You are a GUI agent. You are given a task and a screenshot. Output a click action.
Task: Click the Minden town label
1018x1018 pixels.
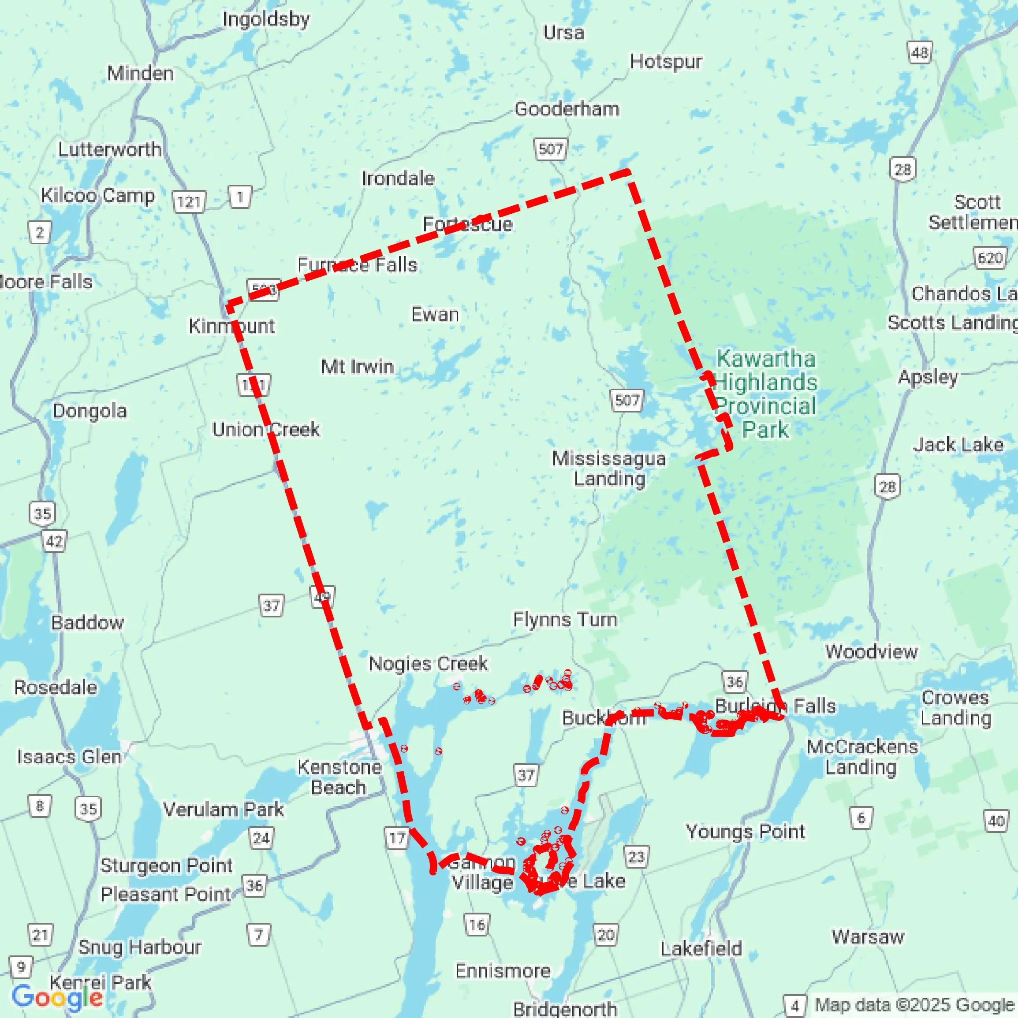point(140,73)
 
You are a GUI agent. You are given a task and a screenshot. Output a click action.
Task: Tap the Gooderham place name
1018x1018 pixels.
point(567,109)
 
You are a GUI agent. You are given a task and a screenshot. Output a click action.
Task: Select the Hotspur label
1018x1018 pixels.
point(666,62)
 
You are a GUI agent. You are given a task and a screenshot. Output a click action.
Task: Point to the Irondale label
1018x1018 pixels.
point(398,178)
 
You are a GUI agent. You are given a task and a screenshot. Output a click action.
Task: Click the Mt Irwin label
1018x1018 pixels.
point(358,366)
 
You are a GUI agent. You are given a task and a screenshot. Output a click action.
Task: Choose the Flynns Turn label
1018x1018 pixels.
point(565,619)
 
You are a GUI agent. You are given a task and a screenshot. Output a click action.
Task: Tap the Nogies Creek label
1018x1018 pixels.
point(428,663)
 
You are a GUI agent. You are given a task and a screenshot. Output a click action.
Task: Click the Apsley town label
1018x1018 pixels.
point(928,377)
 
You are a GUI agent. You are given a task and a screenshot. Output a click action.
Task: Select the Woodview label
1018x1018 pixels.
point(871,652)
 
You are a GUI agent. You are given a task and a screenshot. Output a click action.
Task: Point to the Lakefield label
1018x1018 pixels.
point(701,948)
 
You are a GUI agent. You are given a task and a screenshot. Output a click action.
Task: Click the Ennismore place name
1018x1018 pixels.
point(503,970)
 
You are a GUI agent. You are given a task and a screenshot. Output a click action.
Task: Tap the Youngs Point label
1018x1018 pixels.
point(745,832)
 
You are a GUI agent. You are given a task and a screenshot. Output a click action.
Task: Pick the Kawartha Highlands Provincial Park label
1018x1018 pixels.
point(765,394)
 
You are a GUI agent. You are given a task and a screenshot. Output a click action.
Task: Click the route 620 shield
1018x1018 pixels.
point(989,258)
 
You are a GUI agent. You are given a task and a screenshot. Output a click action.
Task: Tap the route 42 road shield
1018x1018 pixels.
point(54,541)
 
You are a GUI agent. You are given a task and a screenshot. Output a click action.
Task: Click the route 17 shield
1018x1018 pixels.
point(397,838)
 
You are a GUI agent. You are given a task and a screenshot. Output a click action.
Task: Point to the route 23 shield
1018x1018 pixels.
point(636,857)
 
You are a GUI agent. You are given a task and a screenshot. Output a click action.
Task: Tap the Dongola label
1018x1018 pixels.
point(89,411)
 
